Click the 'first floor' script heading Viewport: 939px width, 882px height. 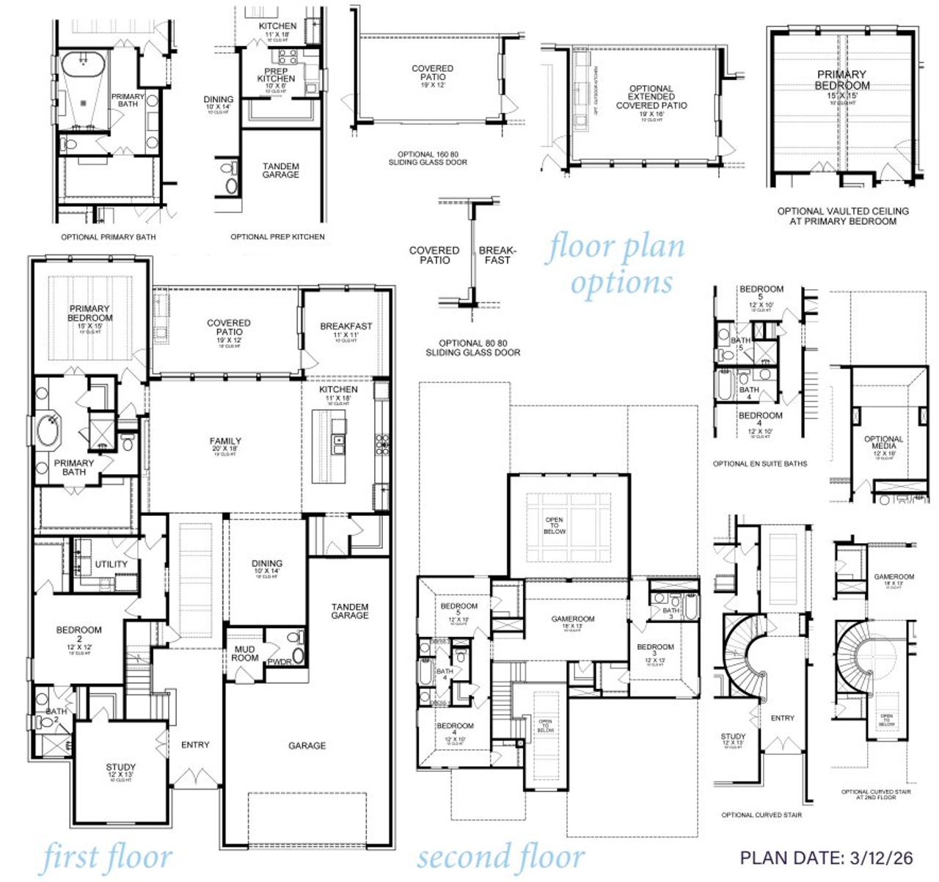pos(107,858)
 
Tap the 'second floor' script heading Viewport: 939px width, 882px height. pos(501,856)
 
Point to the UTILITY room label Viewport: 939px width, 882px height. pos(112,564)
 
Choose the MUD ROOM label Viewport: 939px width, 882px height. pos(245,653)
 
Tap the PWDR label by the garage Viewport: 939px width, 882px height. pos(279,662)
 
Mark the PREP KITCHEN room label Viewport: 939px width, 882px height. pos(277,76)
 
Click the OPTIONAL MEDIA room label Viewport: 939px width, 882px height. pos(884,443)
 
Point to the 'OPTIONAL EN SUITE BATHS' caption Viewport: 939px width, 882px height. pos(760,464)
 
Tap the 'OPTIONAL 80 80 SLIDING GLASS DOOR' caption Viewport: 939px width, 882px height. pos(473,348)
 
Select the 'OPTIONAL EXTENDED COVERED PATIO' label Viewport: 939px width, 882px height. pos(651,97)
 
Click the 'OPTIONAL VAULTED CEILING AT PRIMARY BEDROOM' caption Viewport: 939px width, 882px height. pos(843,216)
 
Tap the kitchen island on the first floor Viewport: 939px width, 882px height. pos(329,446)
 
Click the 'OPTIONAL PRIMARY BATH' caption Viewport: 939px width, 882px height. pos(108,237)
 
